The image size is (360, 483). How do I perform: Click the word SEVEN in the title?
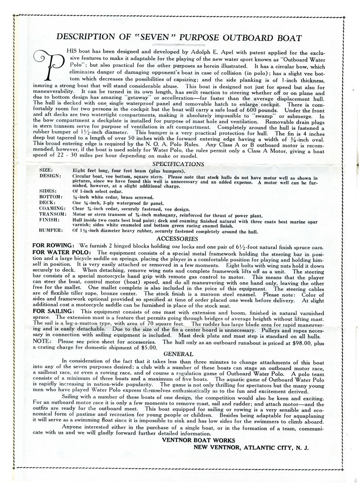[x=154, y=38]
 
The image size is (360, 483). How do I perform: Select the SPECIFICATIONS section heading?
[x=178, y=164]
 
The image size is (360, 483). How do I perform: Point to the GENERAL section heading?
[x=178, y=354]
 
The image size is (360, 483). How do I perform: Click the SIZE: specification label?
[x=46, y=170]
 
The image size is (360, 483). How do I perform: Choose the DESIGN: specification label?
[x=50, y=176]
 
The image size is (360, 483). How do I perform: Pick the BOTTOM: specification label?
[x=51, y=197]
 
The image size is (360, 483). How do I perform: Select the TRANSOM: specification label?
[x=52, y=215]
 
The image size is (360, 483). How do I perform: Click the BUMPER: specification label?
[x=51, y=230]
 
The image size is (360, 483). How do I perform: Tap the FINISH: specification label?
[x=49, y=220]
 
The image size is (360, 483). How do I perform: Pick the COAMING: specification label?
[x=52, y=208]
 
